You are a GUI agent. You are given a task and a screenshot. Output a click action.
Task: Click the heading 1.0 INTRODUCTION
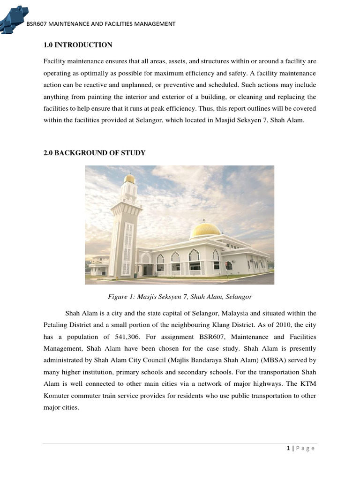pos(78,45)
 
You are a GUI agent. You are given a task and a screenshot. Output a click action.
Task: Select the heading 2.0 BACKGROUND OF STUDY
pos(94,153)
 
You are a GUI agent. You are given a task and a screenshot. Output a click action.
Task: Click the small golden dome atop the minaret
pos(130,178)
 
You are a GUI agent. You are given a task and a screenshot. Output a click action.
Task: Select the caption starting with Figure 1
pos(180,297)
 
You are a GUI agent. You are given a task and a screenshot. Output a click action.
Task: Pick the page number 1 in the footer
pos(288,448)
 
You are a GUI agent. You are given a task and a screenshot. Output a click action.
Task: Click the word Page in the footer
pos(306,448)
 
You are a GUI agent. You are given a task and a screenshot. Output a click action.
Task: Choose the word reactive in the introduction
pos(106,85)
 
